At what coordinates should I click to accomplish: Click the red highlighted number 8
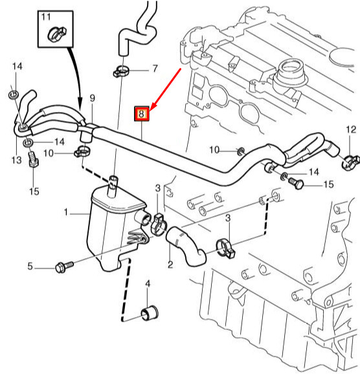[x=142, y=115]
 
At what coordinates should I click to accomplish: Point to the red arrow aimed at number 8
[x=166, y=87]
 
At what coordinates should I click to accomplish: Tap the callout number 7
[x=155, y=68]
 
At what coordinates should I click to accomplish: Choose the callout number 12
[x=350, y=130]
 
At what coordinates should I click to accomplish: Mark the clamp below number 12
[x=350, y=157]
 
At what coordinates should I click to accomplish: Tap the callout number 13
[x=16, y=159]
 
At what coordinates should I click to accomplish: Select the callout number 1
[x=65, y=212]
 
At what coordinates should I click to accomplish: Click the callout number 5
[x=29, y=266]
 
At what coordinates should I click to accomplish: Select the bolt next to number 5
[x=65, y=265]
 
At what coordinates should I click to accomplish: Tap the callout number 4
[x=147, y=284]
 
